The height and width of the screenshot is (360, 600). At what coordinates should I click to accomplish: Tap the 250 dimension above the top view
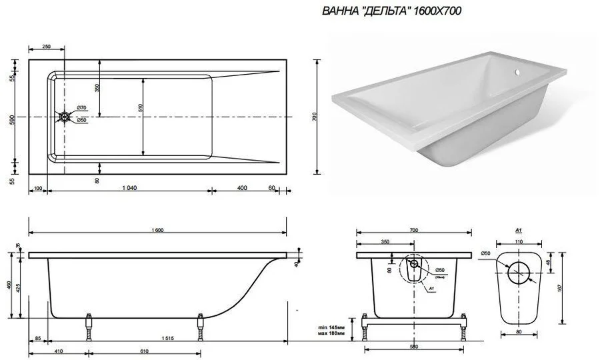click(47, 47)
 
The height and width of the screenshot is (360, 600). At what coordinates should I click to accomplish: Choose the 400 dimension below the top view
click(241, 188)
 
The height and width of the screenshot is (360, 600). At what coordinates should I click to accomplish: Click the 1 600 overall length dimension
click(158, 231)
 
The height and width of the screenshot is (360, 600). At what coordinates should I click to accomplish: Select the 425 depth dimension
click(20, 289)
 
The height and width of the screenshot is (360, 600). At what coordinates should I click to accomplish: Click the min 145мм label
click(331, 327)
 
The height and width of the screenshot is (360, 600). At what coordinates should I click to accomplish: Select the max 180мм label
click(331, 335)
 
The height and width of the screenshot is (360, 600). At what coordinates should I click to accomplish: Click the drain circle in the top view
click(65, 117)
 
